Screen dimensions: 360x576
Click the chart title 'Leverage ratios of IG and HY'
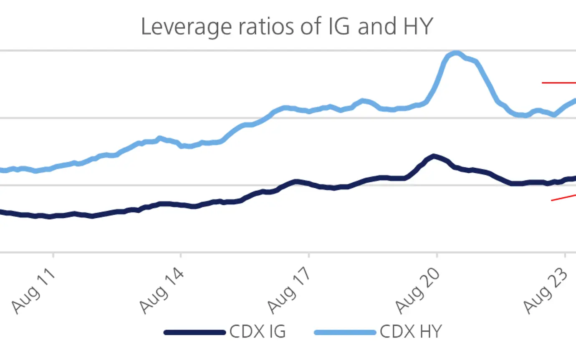coord(287,27)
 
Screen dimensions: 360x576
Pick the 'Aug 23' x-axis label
coord(547,290)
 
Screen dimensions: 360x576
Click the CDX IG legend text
coord(258,332)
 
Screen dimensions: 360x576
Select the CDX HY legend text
coord(410,332)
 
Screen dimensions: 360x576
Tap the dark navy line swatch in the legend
coord(195,332)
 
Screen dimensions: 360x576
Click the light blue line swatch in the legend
coord(345,332)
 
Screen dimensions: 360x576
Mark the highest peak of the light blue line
coord(456,53)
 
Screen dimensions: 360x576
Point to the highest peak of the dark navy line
coord(434,156)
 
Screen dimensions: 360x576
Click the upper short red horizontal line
coord(558,83)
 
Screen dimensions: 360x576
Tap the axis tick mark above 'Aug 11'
coord(53,256)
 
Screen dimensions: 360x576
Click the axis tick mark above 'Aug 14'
coord(181,256)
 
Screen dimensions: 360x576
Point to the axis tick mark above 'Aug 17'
coord(308,256)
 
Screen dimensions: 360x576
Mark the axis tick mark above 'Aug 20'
coord(437,256)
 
